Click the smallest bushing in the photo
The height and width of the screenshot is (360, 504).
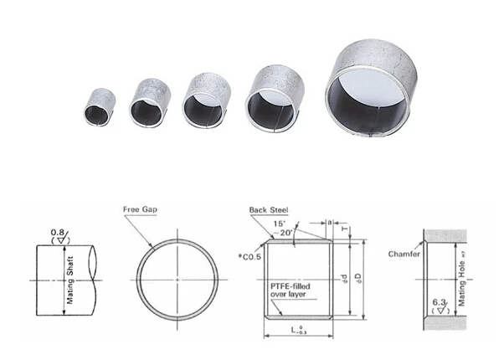99,103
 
